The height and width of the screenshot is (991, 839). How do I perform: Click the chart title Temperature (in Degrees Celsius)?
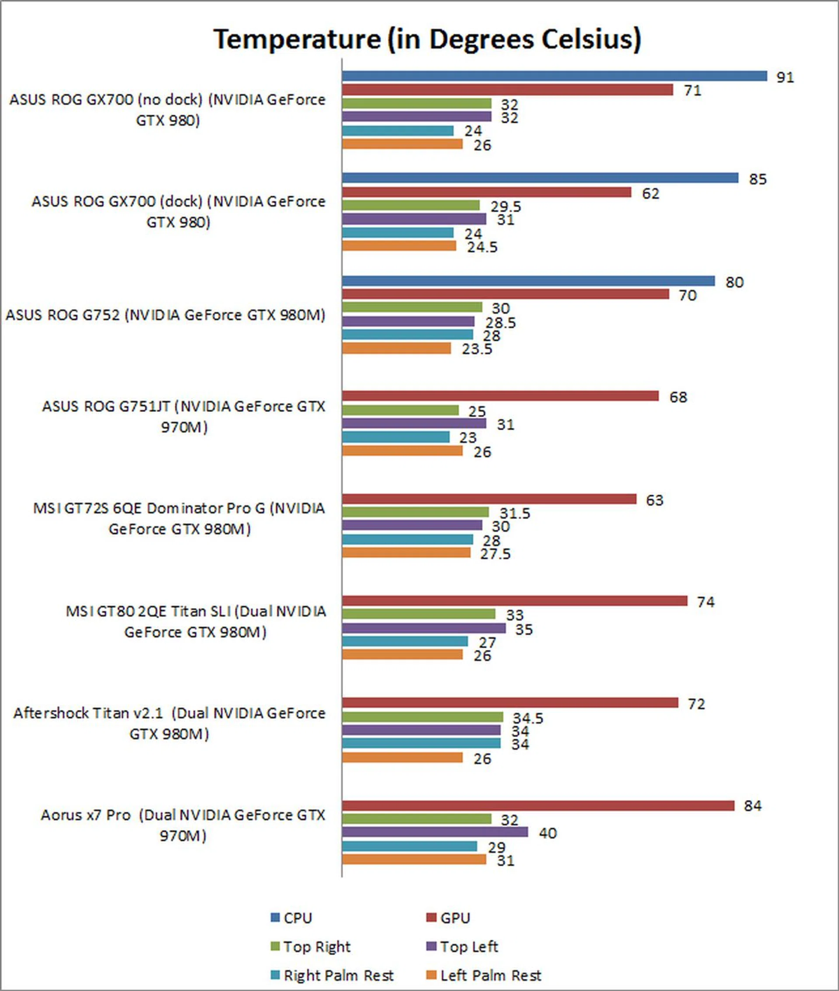pyautogui.click(x=427, y=39)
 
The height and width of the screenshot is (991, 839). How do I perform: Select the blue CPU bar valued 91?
pyautogui.click(x=554, y=76)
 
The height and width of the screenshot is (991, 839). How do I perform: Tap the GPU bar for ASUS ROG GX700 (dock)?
pyautogui.click(x=486, y=192)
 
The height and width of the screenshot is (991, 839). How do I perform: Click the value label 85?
pyautogui.click(x=758, y=179)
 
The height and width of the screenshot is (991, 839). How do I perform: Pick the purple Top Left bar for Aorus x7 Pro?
pyautogui.click(x=435, y=832)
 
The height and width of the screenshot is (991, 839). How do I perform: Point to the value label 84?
pyautogui.click(x=752, y=806)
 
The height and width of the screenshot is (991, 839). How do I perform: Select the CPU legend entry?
pyautogui.click(x=291, y=918)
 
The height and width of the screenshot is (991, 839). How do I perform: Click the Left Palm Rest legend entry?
pyautogui.click(x=484, y=976)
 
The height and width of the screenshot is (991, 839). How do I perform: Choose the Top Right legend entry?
pyautogui.click(x=311, y=947)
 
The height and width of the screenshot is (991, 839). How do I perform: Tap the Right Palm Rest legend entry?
pyautogui.click(x=332, y=976)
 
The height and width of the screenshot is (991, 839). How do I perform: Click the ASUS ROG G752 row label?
pyautogui.click(x=165, y=315)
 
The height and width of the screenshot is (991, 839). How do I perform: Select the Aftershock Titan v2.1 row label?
pyautogui.click(x=169, y=723)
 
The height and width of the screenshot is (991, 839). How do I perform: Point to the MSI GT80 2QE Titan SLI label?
pyautogui.click(x=195, y=621)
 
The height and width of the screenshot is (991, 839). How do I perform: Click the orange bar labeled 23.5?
pyautogui.click(x=396, y=349)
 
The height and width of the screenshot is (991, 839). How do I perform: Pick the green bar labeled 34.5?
pyautogui.click(x=423, y=717)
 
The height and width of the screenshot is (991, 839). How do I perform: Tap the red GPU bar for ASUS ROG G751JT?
pyautogui.click(x=500, y=396)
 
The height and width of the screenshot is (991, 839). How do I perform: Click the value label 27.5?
pyautogui.click(x=495, y=554)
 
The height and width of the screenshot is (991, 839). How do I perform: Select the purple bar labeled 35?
pyautogui.click(x=423, y=628)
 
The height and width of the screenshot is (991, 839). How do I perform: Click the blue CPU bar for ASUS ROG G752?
pyautogui.click(x=528, y=281)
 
